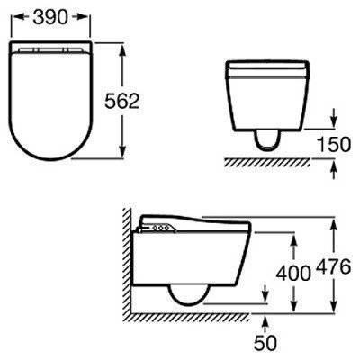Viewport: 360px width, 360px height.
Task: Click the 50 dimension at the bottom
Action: pos(266,343)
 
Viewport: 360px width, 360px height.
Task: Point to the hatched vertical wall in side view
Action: pos(130,261)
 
